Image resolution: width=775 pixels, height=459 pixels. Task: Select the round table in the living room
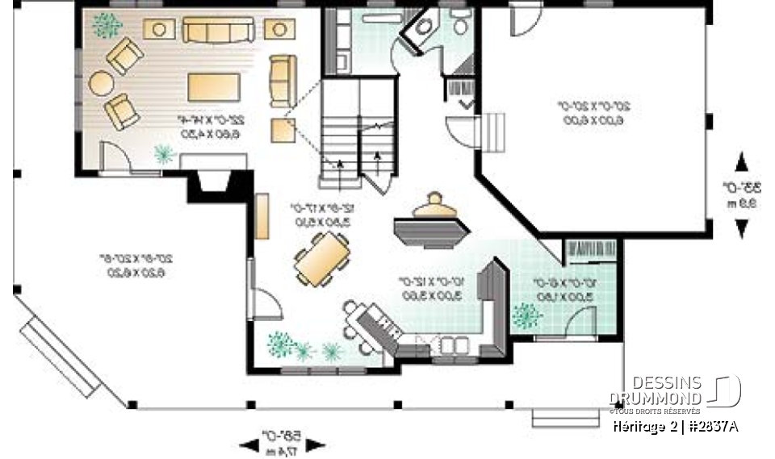(x=102, y=83)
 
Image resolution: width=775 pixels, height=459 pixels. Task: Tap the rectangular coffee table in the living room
(x=213, y=86)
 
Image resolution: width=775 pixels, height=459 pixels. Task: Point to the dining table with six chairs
(x=323, y=259)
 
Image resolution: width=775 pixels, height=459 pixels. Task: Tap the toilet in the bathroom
(x=461, y=24)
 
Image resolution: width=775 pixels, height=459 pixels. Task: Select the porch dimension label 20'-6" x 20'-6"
(x=142, y=266)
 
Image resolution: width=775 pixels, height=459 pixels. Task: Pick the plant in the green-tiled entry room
(x=527, y=315)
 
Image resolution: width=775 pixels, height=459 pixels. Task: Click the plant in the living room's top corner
(x=106, y=26)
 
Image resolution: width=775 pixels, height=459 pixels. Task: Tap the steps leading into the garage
(x=494, y=132)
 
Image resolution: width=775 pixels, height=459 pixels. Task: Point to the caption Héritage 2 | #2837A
(x=675, y=424)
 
